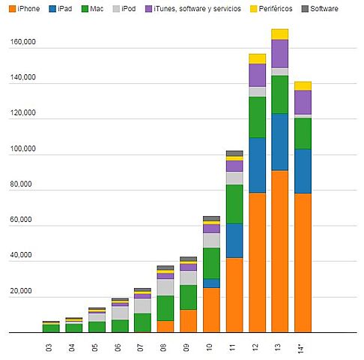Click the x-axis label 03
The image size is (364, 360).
[x=50, y=349]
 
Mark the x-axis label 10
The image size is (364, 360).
[x=210, y=349]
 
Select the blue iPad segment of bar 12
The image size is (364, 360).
[x=257, y=165]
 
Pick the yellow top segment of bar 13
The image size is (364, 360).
[x=280, y=34]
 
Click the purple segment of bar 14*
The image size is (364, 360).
[x=303, y=102]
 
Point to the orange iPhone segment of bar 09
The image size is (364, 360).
[x=189, y=320]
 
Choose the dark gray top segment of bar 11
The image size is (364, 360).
[x=234, y=153]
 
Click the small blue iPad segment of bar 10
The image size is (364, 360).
[x=211, y=283]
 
